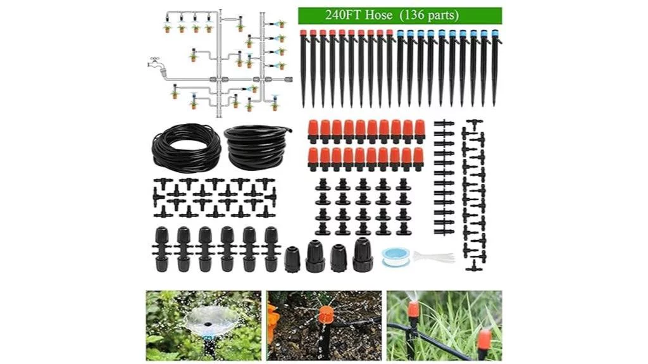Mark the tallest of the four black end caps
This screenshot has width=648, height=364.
pos(363,254)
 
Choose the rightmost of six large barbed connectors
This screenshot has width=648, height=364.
pos(271,248)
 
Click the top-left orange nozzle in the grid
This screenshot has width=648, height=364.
pos(314,130)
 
